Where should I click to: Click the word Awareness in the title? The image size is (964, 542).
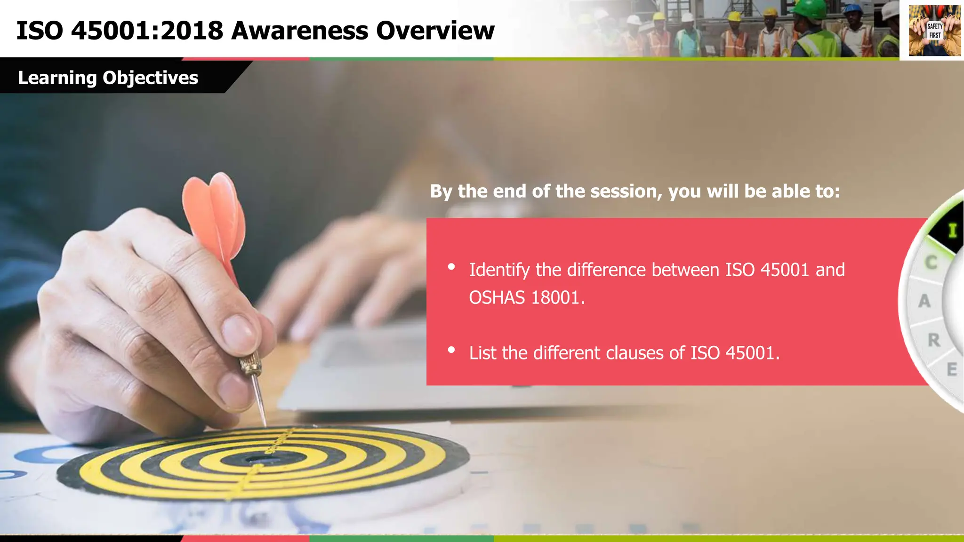[x=299, y=31]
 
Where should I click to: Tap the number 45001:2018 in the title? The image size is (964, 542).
[x=147, y=31]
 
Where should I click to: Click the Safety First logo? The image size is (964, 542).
[x=934, y=31]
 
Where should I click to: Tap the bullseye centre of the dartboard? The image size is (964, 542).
[x=257, y=459]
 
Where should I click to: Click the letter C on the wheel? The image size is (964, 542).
[x=931, y=263]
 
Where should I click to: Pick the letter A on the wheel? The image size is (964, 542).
[x=924, y=301]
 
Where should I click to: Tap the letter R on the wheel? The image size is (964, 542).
[x=934, y=340]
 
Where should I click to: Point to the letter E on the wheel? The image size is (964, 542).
[x=952, y=369]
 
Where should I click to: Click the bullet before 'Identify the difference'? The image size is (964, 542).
[x=451, y=267]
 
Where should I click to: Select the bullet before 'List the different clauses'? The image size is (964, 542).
[x=451, y=350]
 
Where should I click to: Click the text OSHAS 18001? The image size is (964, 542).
[x=526, y=298]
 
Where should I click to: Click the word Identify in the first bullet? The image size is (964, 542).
[x=499, y=270]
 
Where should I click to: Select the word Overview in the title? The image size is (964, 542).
[x=435, y=31]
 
